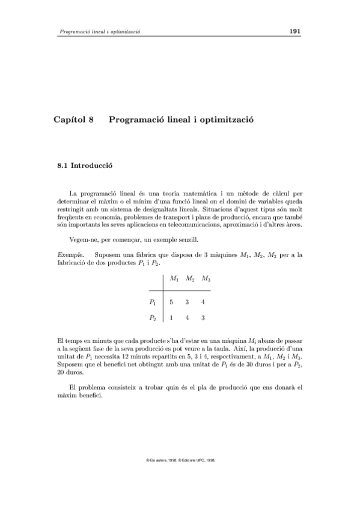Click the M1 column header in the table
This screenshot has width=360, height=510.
pyautogui.click(x=174, y=280)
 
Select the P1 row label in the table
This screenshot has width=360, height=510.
pyautogui.click(x=153, y=302)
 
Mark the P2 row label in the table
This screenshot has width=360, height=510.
pyautogui.click(x=153, y=318)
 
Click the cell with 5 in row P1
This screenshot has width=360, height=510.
pyautogui.click(x=172, y=302)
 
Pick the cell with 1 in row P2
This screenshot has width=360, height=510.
pyautogui.click(x=172, y=318)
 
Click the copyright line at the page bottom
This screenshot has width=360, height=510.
pyautogui.click(x=180, y=459)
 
